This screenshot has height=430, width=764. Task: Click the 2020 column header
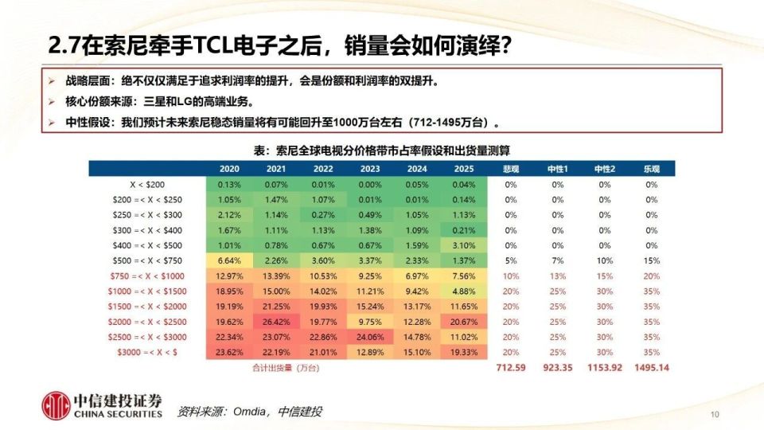[x=229, y=169]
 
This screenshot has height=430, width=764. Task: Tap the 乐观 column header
[x=652, y=169]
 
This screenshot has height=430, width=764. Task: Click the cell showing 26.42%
[x=276, y=320]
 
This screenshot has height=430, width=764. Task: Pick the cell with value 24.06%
[x=370, y=335]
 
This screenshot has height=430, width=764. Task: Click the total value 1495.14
[x=652, y=369]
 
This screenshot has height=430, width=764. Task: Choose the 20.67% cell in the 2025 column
[x=464, y=320]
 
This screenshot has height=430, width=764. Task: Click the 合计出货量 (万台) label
[x=277, y=369]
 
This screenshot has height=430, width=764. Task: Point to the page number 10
[x=714, y=414]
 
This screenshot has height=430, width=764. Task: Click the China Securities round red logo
[x=57, y=405]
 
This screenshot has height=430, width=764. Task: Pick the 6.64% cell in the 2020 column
[x=229, y=260]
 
